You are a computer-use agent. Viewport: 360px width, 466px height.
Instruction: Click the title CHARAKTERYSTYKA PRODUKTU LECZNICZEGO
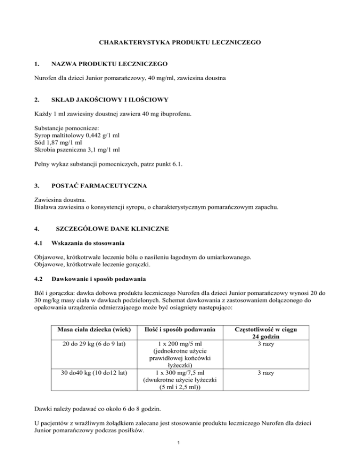click(x=180, y=42)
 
